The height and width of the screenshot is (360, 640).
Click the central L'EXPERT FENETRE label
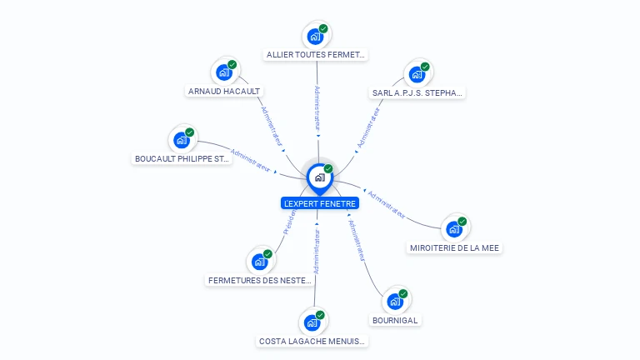point(320,203)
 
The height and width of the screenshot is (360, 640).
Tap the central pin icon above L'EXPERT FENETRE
point(319,177)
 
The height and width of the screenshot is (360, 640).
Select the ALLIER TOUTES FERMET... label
point(316,55)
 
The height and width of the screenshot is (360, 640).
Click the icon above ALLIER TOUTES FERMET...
point(315,36)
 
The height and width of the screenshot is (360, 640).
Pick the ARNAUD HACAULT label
point(224,92)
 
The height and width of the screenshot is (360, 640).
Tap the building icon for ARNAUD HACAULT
point(224,72)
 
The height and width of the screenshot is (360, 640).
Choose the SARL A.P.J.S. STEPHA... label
point(417,93)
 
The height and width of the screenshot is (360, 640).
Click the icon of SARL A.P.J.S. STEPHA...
point(417,74)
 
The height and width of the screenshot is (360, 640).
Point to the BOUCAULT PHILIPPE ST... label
point(182,158)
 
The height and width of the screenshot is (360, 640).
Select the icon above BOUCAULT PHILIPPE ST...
point(182,140)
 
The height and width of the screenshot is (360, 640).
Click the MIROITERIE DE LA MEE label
point(455,247)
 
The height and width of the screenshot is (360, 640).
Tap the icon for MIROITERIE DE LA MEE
point(454,228)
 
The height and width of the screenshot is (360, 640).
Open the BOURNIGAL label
point(395,320)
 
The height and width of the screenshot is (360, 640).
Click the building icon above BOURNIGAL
point(395,301)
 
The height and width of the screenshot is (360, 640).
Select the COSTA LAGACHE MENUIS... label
point(312,341)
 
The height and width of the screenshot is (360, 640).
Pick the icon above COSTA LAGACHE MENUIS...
point(312,322)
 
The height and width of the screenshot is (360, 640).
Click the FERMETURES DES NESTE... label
point(260,281)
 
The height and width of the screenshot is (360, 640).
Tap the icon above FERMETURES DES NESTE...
point(260,262)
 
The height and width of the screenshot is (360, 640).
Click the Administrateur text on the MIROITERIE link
point(387,205)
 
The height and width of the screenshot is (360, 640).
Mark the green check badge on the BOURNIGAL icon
point(403,293)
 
